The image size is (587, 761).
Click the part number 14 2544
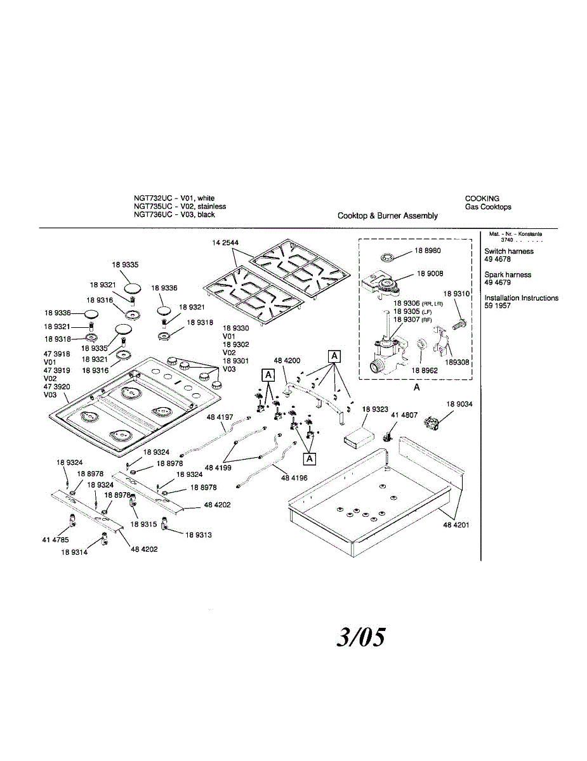pos(225,243)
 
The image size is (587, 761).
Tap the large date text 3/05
pos(360,637)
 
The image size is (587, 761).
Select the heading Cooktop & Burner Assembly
pos(387,216)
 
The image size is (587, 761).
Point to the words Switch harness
pos(508,251)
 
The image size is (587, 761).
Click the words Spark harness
pos(508,275)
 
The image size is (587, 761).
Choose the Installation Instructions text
pos(521,298)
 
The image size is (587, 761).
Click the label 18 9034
pos(459,404)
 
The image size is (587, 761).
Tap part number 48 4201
pos(456,525)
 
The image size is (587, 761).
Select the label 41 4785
pos(56,540)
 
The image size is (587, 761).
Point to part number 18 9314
pos(74,552)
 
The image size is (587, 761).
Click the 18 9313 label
pos(199,535)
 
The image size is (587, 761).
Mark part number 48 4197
pos(220,417)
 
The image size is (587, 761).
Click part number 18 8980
pos(428,250)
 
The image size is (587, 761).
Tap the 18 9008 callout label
pos(430,274)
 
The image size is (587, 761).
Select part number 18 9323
pos(376,410)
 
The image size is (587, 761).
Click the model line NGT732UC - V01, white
pos(174,198)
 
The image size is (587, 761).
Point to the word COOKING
pos(482,198)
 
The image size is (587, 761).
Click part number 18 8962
pos(425,370)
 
